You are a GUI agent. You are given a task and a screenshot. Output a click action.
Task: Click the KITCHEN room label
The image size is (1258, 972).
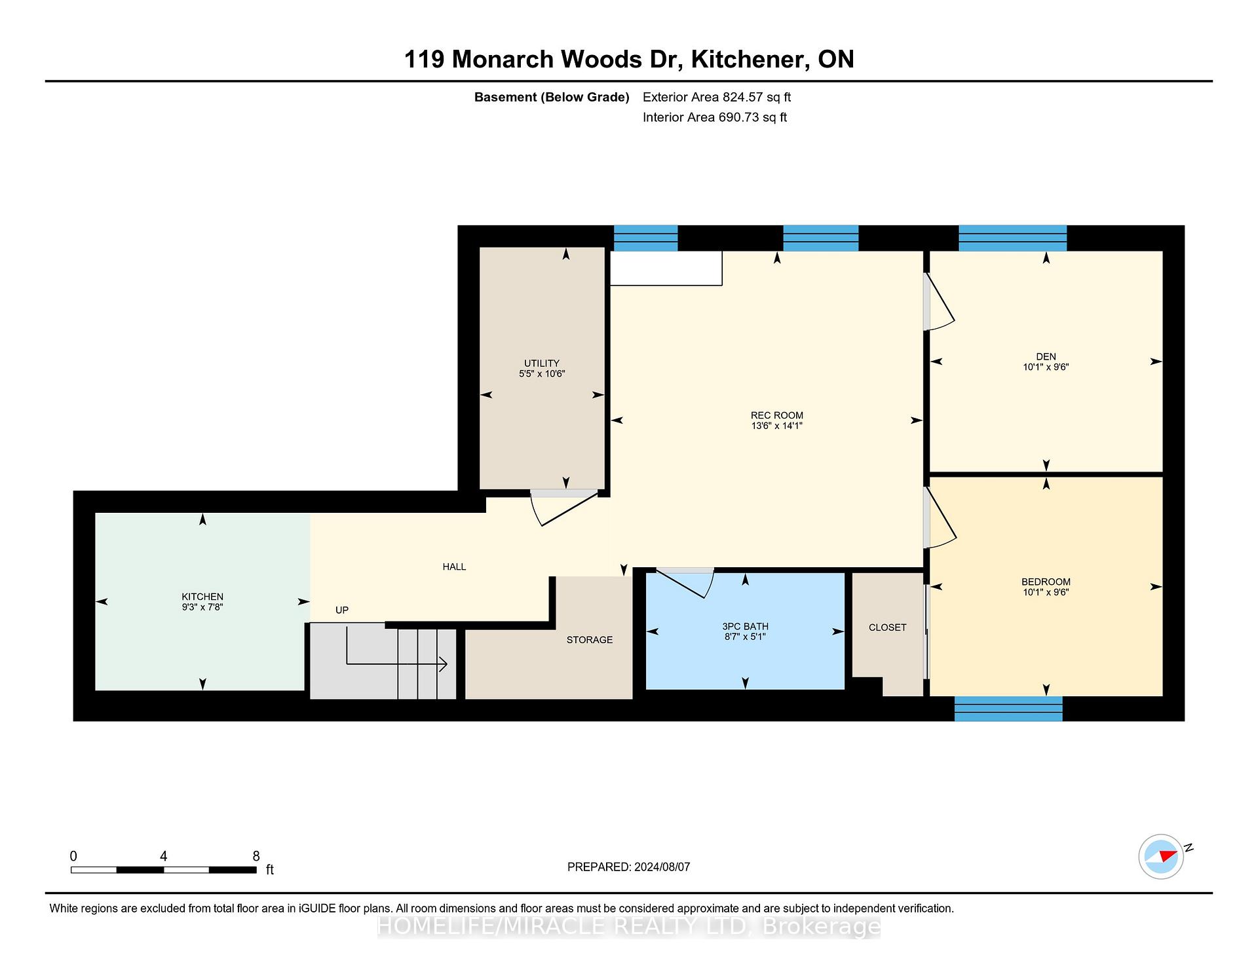coord(202,597)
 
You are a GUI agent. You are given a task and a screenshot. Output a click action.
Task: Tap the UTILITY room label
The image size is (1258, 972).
coord(542,364)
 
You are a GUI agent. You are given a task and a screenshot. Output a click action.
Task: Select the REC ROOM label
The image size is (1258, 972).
coord(777,415)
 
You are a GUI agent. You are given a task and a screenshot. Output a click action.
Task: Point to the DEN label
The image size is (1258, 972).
coord(1046,357)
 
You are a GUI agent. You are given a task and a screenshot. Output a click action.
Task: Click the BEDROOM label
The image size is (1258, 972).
coord(1046,582)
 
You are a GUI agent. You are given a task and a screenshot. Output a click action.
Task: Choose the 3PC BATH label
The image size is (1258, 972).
coord(746,627)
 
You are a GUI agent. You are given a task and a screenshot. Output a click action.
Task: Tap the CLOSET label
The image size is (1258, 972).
coord(888,627)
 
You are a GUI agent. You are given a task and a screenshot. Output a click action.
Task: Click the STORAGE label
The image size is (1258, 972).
coord(590,640)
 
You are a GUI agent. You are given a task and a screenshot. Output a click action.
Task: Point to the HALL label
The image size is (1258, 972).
coord(454,567)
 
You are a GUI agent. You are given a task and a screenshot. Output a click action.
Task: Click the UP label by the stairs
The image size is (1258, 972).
coord(342,610)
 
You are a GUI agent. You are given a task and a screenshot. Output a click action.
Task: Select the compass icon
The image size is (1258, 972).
coord(1162,856)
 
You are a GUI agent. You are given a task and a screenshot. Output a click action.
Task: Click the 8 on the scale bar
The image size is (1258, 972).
coord(256,856)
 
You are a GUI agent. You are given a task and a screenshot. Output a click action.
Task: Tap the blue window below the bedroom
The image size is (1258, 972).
coord(1008,709)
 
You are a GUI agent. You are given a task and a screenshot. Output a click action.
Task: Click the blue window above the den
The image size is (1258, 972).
coord(1013,238)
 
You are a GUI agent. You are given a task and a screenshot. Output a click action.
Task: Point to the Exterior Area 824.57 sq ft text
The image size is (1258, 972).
coord(717,98)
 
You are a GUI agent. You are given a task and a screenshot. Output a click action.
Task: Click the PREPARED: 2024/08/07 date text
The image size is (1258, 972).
coord(628,867)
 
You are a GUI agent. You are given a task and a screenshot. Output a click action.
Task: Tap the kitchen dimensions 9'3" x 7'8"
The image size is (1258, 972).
coord(202,607)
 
